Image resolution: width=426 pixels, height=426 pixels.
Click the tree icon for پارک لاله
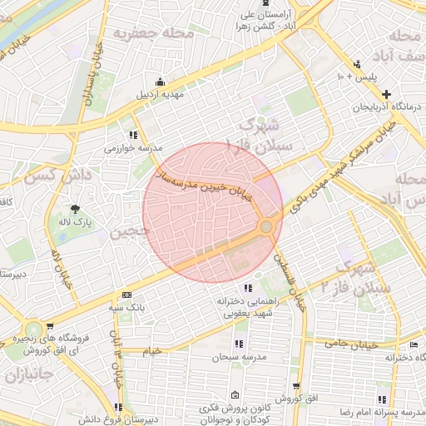click(x=77, y=208)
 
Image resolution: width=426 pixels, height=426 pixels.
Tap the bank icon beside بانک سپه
click(x=126, y=295)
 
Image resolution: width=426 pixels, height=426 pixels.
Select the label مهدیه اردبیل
click(x=161, y=95)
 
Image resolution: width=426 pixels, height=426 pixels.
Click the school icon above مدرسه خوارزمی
click(x=133, y=135)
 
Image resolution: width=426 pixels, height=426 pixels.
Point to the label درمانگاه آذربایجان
click(x=387, y=106)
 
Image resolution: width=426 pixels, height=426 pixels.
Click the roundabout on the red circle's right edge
click(x=267, y=226)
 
